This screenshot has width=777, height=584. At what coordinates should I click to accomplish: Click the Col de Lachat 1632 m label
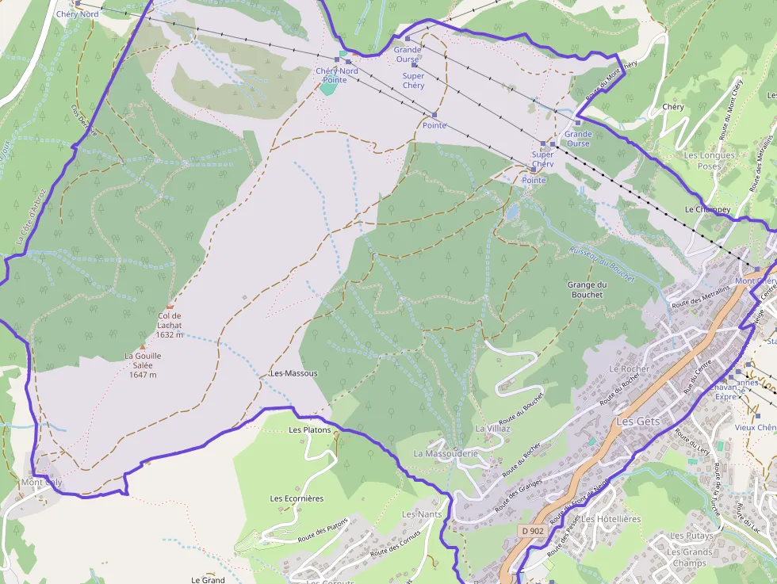(170, 325)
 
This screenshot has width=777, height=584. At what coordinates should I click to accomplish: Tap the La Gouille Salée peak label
(143, 365)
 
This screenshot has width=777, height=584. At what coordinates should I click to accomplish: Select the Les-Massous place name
(293, 373)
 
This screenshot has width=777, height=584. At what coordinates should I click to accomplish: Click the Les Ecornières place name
(297, 498)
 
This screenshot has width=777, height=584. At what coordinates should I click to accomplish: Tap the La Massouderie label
(446, 453)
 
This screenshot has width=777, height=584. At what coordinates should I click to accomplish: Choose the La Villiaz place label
(492, 428)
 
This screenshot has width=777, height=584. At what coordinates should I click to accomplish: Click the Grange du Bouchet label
(587, 289)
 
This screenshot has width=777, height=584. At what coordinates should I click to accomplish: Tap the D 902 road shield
(533, 530)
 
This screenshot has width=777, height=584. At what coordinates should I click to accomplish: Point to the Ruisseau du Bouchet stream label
(602, 265)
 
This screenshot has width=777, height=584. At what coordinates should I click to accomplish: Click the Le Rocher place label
(629, 369)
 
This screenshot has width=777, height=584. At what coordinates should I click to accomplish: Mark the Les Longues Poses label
(710, 161)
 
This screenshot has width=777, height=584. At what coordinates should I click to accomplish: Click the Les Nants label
(422, 514)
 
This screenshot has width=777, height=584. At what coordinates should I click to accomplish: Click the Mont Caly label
(41, 482)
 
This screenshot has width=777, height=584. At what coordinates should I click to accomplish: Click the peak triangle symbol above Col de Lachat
(170, 306)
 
